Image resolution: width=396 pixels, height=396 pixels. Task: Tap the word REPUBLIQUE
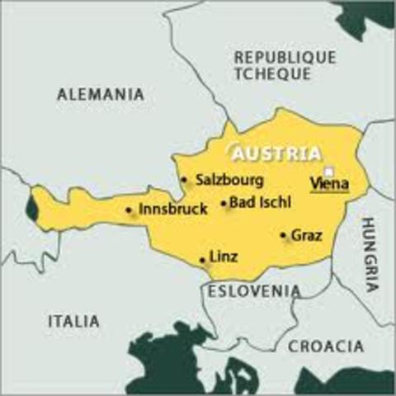click(285, 57)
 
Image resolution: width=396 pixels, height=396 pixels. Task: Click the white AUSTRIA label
click(276, 153)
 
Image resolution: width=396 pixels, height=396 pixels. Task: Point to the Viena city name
click(330, 184)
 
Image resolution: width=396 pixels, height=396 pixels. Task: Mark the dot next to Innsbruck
click(129, 210)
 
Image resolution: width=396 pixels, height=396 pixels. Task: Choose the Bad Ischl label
click(260, 202)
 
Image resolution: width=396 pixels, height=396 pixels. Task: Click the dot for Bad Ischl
click(224, 203)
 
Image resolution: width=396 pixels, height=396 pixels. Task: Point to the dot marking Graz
click(284, 236)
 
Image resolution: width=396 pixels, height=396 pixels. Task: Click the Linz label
click(224, 257)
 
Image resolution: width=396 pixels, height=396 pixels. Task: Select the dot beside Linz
click(203, 260)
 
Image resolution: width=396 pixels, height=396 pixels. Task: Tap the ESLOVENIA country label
click(254, 290)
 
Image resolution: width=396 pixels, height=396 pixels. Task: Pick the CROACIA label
click(325, 346)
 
